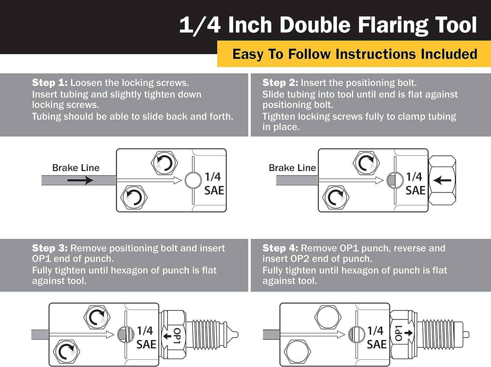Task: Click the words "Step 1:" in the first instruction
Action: pos(50,83)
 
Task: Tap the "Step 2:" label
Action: pos(280,83)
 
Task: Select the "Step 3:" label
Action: pos(50,248)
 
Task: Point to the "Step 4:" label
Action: pos(280,248)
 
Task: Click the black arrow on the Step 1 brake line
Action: pos(80,180)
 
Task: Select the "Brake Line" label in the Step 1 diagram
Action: pos(76,168)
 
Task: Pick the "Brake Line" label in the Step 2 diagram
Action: pos(292,168)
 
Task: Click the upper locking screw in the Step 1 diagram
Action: pos(164,163)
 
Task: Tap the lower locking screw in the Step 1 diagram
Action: pos(134,197)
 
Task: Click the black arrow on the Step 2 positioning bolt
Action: pos(442,180)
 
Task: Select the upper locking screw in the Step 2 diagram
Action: pos(366,163)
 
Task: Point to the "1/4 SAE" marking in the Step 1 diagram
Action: pos(214,183)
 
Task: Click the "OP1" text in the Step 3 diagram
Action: pos(177,336)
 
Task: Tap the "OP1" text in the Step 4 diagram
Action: pos(399,333)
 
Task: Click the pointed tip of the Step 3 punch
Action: pos(237,335)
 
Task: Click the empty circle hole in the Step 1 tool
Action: pos(193,180)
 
